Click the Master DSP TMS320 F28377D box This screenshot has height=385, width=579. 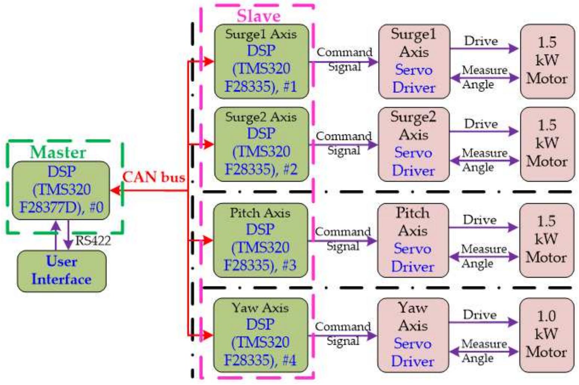tap(61, 190)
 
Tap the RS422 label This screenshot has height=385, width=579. tap(93, 241)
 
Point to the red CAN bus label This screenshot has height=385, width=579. tap(154, 177)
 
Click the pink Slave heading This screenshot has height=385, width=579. tap(258, 16)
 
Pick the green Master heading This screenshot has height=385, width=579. tap(58, 152)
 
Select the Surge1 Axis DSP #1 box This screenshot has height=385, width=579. tap(261, 61)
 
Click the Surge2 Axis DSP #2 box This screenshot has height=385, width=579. tap(261, 144)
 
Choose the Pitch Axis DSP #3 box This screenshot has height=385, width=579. tap(260, 240)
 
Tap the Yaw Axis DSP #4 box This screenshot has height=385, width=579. tap(260, 335)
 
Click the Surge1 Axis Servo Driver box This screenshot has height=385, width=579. tap(414, 61)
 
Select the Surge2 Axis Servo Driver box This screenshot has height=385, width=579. tap(413, 144)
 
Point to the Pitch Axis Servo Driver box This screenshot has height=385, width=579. tap(413, 240)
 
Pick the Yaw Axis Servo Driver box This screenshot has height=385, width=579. tap(413, 335)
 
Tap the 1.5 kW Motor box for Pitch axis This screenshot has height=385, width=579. tap(546, 240)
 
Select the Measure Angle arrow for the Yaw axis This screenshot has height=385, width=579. tap(484, 352)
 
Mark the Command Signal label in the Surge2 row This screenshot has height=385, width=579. tap(344, 143)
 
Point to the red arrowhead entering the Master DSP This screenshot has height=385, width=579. tap(116, 190)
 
